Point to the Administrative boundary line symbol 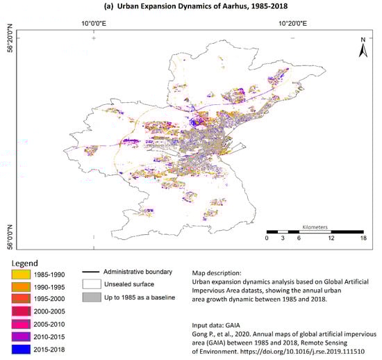click(x=91, y=272)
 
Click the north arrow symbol click(x=362, y=49)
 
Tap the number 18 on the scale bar click(x=362, y=238)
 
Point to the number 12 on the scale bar click(x=331, y=238)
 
